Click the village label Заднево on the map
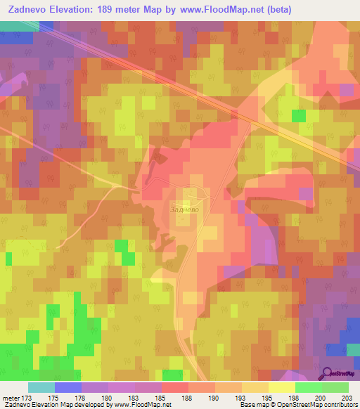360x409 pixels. click(x=185, y=209)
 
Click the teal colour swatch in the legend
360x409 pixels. click(x=41, y=387)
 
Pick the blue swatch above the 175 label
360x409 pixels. click(x=68, y=387)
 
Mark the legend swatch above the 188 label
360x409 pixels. click(x=175, y=387)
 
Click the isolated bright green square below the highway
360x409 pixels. click(x=299, y=115)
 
